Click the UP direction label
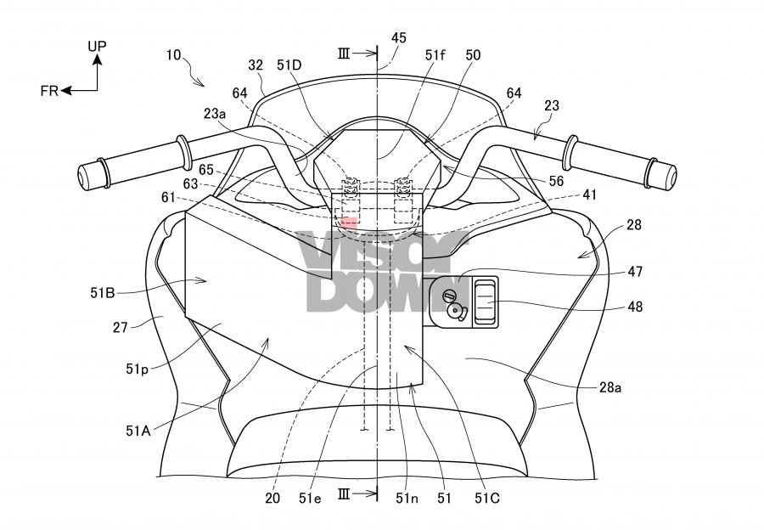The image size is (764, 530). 98,45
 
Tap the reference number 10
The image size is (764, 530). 173,54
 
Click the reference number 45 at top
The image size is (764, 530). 398,37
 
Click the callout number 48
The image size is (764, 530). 634,307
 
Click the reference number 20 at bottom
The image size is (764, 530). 272,499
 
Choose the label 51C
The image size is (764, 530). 487,499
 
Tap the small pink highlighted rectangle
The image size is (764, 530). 349,222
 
